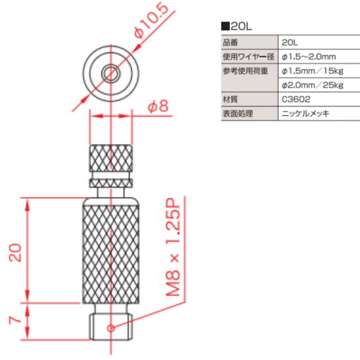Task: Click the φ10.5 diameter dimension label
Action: pos(151,20)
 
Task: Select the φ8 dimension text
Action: pos(158,106)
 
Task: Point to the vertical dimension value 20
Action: pos(15,253)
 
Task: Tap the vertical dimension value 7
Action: pos(15,320)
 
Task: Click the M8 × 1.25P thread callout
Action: pos(173,247)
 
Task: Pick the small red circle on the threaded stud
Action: pos(111,329)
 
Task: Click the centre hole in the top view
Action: pos(111,73)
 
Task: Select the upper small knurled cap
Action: pos(111,158)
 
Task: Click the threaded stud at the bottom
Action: pos(111,327)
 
